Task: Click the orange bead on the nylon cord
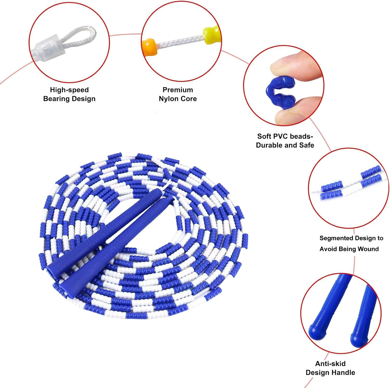click(x=149, y=47)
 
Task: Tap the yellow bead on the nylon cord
click(x=211, y=36)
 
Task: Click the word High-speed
click(x=69, y=90)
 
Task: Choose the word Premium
click(x=178, y=90)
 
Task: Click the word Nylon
click(x=168, y=99)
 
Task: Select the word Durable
click(x=269, y=145)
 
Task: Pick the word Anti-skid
click(x=330, y=364)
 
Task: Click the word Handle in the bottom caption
click(x=343, y=373)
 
